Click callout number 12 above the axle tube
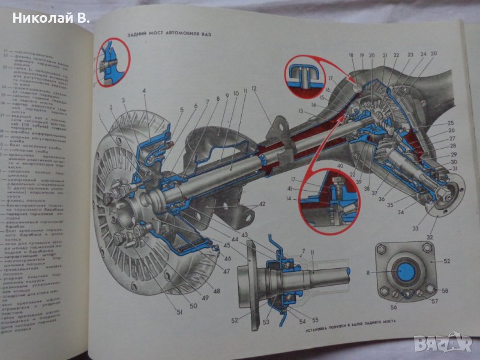(x=254, y=89)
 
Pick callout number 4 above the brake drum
(x=145, y=91)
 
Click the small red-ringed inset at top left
(x=112, y=61)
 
